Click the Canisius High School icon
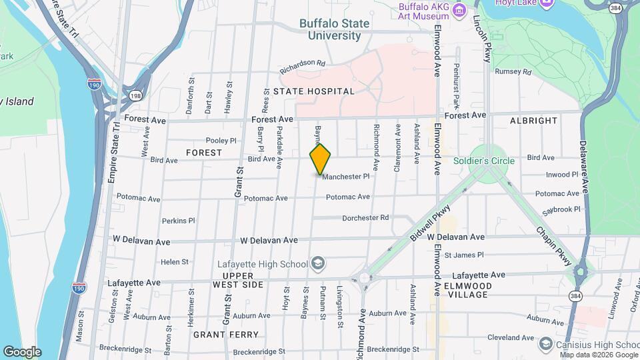click(x=546, y=344)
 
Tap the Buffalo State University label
click(x=334, y=29)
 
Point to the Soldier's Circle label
click(x=484, y=161)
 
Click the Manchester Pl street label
click(x=345, y=177)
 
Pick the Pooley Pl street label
click(x=221, y=140)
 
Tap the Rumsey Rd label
click(x=517, y=71)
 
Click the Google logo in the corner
click(x=22, y=351)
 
